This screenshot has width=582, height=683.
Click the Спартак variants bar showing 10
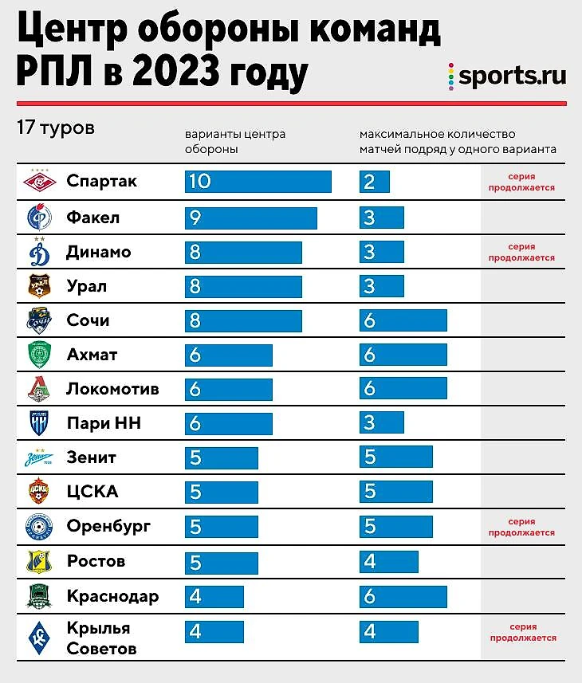pos(258,182)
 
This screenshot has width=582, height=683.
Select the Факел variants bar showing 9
pos(250,218)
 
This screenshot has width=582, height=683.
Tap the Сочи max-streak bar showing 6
pos(403,321)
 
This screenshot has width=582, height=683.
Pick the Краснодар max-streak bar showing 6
pos(403,597)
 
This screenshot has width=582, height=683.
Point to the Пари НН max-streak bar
pos(381,423)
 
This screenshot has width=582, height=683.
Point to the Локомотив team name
pos(112,389)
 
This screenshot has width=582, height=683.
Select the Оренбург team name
pos(109,527)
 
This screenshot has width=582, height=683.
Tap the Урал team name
pos(87,286)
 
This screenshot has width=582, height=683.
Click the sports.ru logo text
pos(512,77)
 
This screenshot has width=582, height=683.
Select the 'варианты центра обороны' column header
pos(235,141)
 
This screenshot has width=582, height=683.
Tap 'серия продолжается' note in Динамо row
pos(521,252)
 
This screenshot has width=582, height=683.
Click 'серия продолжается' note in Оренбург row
pos(521,528)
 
